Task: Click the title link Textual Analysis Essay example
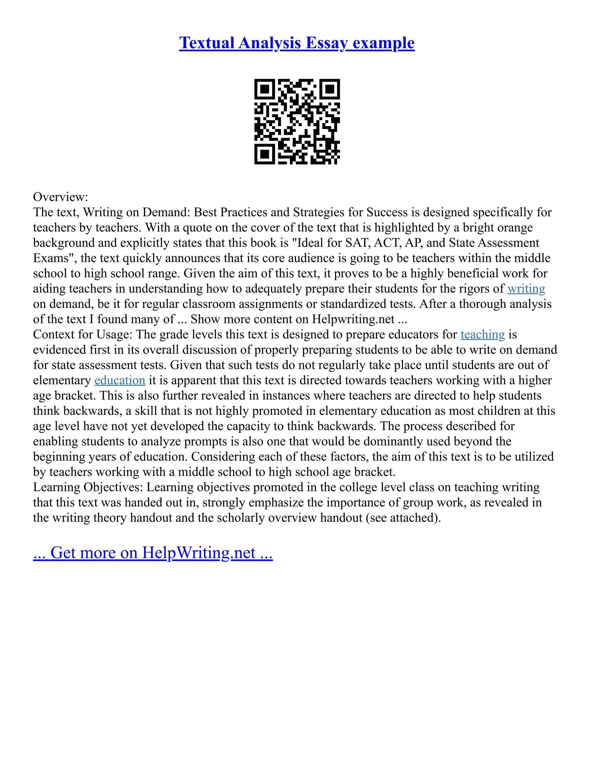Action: click(x=297, y=43)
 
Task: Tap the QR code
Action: click(x=297, y=121)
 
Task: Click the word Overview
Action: click(x=59, y=197)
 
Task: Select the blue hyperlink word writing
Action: click(x=526, y=289)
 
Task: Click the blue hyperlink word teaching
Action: click(x=482, y=334)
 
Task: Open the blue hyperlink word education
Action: click(x=120, y=380)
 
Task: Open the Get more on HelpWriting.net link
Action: click(x=153, y=552)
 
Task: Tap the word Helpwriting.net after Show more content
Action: click(x=353, y=319)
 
